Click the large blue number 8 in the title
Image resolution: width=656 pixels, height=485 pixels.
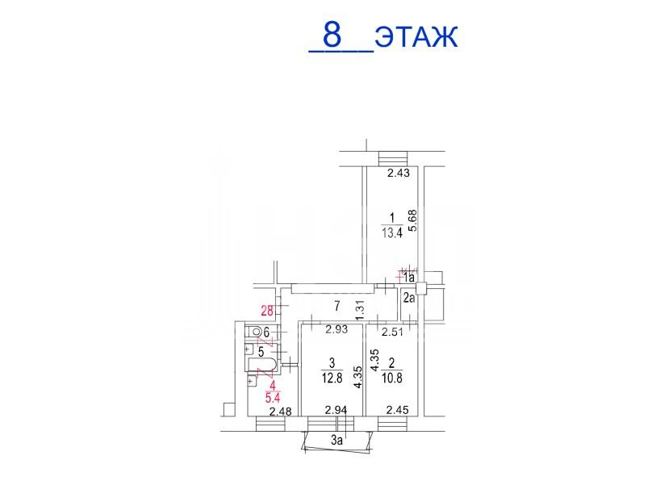coord(332,36)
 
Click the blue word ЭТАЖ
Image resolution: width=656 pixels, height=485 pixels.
coord(416,37)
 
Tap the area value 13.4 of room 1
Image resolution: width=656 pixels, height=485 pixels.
coord(392,232)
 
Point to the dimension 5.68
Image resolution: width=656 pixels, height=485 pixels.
coord(413,220)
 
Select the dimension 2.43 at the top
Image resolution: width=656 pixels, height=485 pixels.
coord(399,173)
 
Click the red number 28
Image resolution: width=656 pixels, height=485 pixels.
coord(267,311)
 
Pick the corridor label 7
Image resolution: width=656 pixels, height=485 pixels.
coord(337,307)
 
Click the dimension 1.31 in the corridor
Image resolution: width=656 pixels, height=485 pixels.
coord(360,311)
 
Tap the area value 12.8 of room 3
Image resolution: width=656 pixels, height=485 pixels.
coord(332,378)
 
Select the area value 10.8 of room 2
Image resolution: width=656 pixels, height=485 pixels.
coord(392,378)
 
